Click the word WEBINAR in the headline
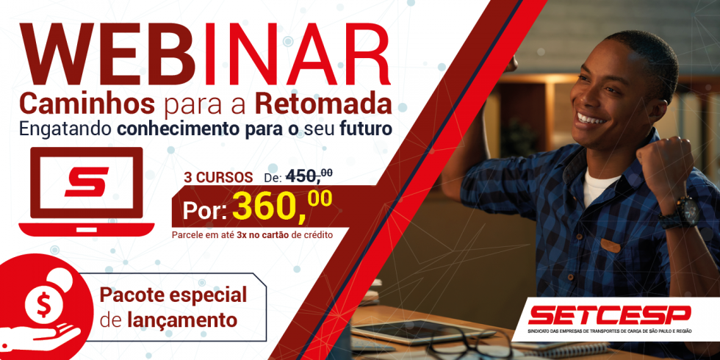coord(205,53)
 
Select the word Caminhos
coord(87,105)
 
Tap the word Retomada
coord(323,105)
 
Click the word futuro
coord(366,129)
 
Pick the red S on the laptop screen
coord(87,182)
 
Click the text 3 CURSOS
coord(218,178)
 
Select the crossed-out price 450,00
coord(309,176)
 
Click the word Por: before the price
coord(204,211)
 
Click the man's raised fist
coord(660,166)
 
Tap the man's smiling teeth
coord(591,120)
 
